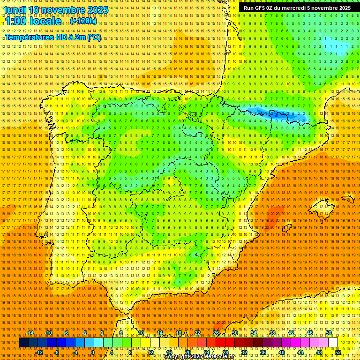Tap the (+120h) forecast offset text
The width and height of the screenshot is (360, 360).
pyautogui.click(x=83, y=21)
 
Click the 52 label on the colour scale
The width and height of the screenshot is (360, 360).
pyautogui.click(x=338, y=352)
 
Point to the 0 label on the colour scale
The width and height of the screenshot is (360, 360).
pyautogui.click(x=93, y=352)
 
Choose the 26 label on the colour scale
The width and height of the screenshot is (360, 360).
pyautogui.click(x=216, y=333)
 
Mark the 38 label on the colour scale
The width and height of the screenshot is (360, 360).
pyautogui.click(x=272, y=333)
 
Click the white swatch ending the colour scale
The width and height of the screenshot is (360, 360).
pyautogui.click(x=333, y=343)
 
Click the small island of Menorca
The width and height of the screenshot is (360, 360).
pyautogui.click(x=348, y=199)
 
